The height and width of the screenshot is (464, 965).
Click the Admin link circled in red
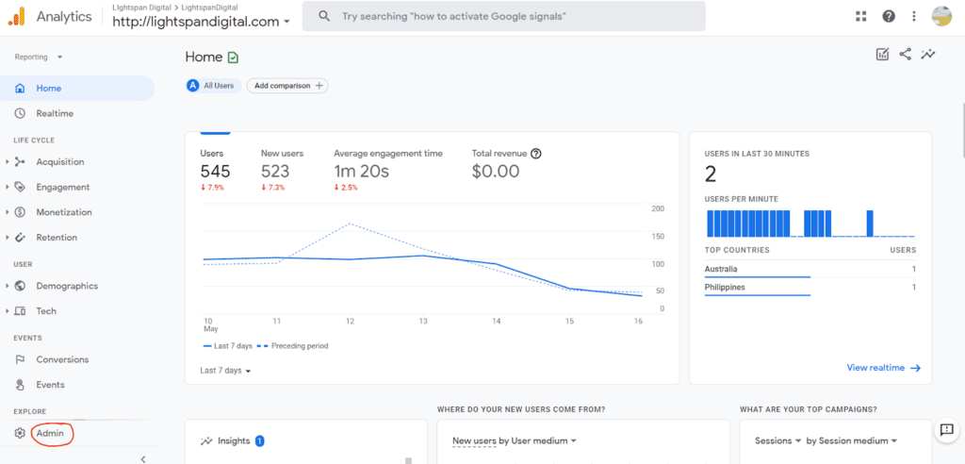50,433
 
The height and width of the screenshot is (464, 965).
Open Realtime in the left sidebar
55,113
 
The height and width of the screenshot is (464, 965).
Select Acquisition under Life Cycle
59,162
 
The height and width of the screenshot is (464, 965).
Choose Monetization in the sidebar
64,212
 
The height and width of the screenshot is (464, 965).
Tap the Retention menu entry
57,238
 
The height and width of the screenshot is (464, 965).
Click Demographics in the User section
67,286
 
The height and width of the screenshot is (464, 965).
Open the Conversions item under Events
62,359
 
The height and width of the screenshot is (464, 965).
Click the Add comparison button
287,86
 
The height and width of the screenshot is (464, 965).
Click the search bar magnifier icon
324,17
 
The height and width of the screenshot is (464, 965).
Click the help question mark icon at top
888,16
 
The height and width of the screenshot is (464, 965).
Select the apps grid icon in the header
860,16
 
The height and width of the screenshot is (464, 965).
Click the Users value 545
215,171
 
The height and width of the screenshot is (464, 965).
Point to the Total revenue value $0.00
496,171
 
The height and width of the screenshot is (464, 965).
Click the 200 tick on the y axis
658,208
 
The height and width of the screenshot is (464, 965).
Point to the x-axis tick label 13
423,322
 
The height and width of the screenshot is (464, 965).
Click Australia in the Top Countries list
721,270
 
